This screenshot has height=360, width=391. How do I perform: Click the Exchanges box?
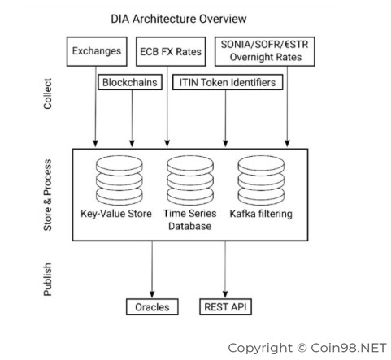[97, 51]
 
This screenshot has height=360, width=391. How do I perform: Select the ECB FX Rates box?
[171, 51]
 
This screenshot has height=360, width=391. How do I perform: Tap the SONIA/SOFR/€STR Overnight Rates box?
[265, 51]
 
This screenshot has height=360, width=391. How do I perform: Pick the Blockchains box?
[130, 82]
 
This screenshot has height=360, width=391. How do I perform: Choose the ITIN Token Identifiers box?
[228, 82]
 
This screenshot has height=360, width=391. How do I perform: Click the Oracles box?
[152, 307]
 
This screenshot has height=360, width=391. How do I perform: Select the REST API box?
[225, 307]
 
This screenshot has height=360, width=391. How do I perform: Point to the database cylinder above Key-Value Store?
[119, 180]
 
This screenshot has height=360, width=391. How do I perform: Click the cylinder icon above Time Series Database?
[190, 180]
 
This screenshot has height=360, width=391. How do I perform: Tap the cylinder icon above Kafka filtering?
[261, 180]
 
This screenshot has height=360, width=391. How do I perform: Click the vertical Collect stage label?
[48, 93]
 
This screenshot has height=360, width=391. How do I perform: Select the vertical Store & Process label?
[48, 195]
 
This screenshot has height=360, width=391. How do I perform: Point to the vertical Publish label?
[48, 280]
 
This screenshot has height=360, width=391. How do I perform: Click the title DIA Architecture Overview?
[179, 19]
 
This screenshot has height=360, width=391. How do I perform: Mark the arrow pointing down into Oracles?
[152, 270]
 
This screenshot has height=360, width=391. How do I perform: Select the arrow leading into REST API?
[225, 270]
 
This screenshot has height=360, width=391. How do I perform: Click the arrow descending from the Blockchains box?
[132, 119]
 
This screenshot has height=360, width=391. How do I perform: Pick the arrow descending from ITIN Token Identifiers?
[225, 119]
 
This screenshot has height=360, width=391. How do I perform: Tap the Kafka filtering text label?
[261, 214]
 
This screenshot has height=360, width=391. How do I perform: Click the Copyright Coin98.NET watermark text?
[307, 348]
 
